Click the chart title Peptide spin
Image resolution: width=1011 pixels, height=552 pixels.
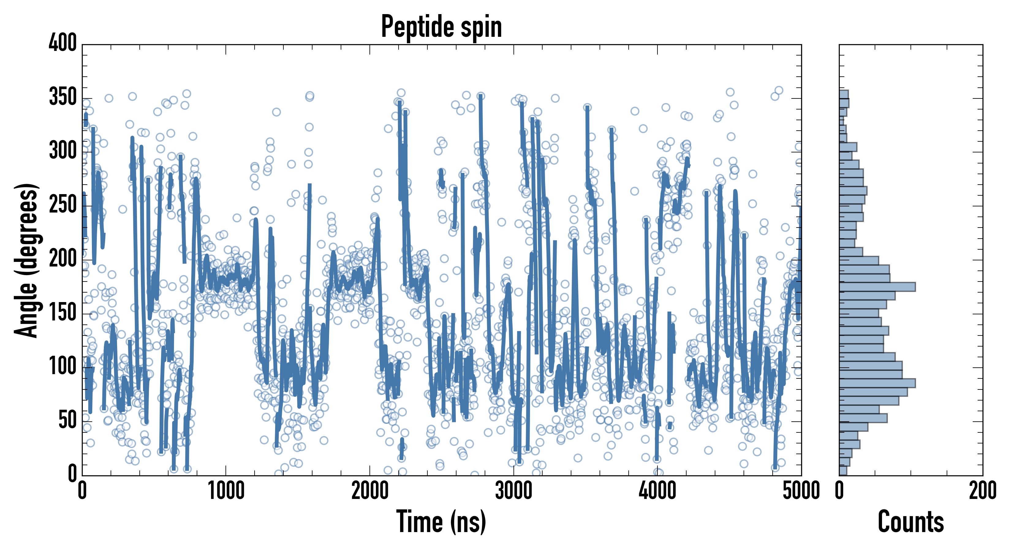441,27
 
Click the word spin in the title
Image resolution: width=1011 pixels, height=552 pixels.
482,28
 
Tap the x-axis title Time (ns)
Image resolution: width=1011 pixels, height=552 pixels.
441,521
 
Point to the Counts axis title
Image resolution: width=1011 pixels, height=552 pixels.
911,521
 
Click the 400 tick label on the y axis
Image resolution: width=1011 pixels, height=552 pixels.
63,43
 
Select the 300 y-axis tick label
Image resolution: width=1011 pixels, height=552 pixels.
63,151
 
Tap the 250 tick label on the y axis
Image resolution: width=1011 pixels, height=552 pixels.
63,205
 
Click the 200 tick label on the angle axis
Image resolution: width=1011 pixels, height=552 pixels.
63,259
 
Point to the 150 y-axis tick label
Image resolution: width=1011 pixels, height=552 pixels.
63,313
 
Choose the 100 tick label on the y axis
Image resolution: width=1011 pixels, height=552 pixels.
63,367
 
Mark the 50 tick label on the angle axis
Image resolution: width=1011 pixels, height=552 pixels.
67,421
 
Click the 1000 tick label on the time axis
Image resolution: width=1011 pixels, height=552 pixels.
226,491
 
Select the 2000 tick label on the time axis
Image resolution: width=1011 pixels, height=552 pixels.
370,491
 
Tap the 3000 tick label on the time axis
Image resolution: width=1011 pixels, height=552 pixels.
514,491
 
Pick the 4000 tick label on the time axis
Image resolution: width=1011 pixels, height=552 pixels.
657,491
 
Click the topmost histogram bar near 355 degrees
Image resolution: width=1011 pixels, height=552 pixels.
844,94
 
